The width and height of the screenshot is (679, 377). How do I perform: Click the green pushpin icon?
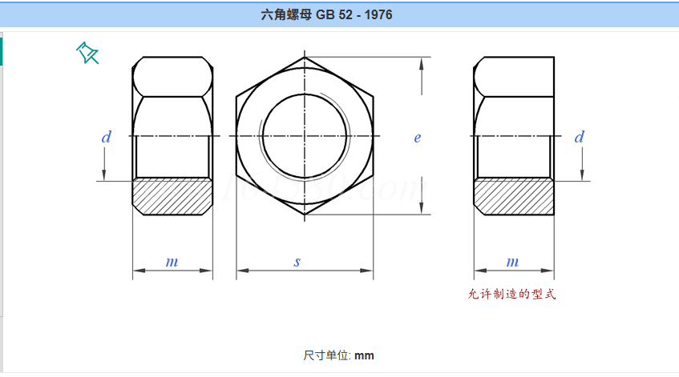click(87, 53)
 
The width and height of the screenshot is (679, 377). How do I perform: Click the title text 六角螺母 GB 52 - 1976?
click(326, 14)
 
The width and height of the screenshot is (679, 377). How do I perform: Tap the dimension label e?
click(418, 138)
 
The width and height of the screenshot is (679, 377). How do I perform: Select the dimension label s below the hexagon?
click(297, 262)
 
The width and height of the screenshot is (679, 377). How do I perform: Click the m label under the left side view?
click(172, 262)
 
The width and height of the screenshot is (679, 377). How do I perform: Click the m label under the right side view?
click(513, 262)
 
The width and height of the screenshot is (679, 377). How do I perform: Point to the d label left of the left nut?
click(106, 137)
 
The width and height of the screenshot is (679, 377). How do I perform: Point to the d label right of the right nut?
click(579, 137)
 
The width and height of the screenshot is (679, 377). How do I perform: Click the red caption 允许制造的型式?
click(511, 294)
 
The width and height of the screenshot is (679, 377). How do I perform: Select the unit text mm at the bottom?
click(364, 356)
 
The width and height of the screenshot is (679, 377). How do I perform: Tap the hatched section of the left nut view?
click(172, 196)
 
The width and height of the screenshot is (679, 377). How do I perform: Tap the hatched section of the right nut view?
click(514, 196)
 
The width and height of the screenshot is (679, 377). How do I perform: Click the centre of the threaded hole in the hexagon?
click(305, 136)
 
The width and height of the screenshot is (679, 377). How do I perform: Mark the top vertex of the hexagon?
click(305, 57)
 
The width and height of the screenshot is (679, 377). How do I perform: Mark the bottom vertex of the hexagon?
click(305, 215)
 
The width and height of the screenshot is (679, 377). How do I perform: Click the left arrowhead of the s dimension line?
click(242, 271)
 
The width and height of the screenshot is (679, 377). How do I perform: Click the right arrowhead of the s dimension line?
click(367, 271)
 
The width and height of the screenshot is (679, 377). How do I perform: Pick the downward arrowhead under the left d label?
click(104, 174)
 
